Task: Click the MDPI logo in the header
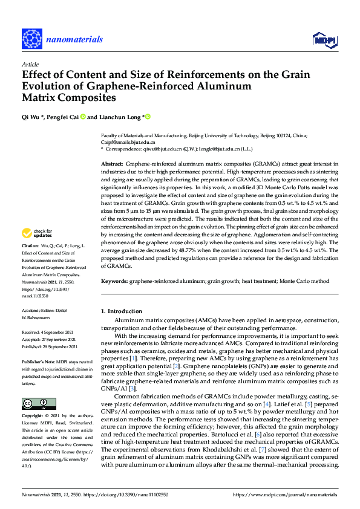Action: tap(325, 40)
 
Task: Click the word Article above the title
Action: tap(30, 64)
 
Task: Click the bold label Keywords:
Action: tap(115, 281)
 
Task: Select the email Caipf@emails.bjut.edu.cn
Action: tap(128, 143)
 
